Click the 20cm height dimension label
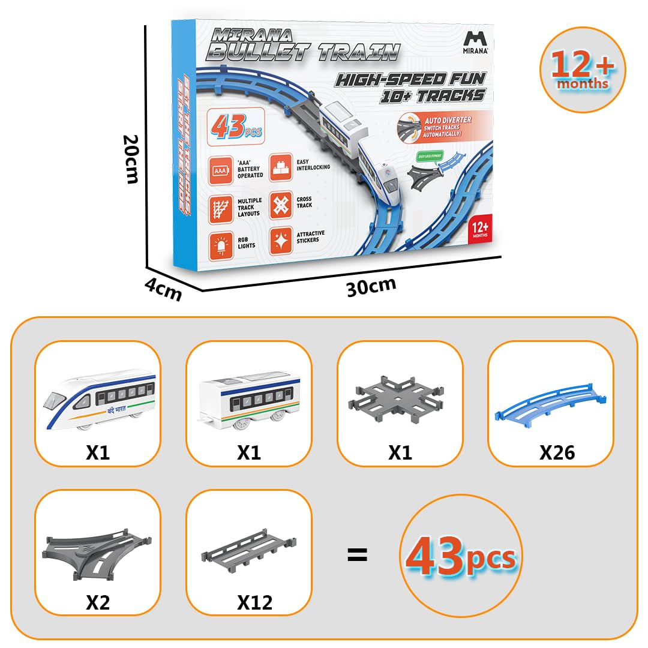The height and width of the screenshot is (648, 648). [x=131, y=158]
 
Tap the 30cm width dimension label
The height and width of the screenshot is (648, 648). [x=371, y=286]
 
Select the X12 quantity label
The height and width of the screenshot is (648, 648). [x=254, y=601]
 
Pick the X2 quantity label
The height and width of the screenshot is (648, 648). [x=98, y=601]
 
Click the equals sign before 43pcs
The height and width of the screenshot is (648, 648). [x=357, y=554]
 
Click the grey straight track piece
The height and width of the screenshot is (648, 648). [x=249, y=548]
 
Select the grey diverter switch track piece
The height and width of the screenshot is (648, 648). [x=96, y=550]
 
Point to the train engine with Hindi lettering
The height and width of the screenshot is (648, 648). [x=97, y=399]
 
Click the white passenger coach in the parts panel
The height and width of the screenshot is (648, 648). [x=249, y=399]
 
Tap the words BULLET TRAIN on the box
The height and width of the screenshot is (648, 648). [x=302, y=52]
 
